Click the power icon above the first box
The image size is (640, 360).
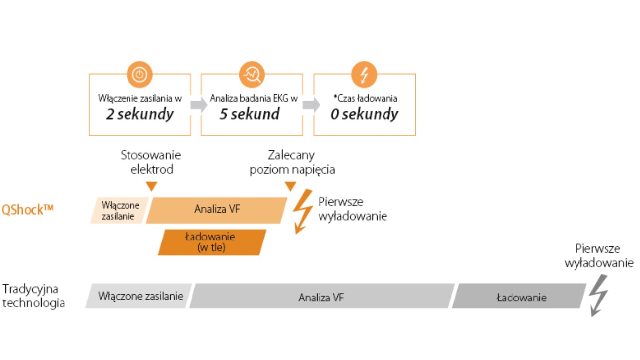tap(140, 75)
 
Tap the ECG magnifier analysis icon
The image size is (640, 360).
tap(252, 75)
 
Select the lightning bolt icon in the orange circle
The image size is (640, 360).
tap(364, 75)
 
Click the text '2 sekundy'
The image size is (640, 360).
tap(140, 114)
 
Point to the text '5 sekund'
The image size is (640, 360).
tap(250, 114)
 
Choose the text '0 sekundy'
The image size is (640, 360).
tap(364, 114)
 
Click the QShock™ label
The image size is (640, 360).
tap(27, 209)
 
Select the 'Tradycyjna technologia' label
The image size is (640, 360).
tap(34, 296)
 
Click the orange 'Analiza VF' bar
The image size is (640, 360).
tap(217, 210)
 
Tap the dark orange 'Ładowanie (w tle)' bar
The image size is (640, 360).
tap(212, 242)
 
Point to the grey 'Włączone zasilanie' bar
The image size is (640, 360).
tap(139, 296)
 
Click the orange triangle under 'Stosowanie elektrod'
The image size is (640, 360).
tap(152, 186)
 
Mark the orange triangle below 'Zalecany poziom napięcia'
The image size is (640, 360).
tap(290, 186)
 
